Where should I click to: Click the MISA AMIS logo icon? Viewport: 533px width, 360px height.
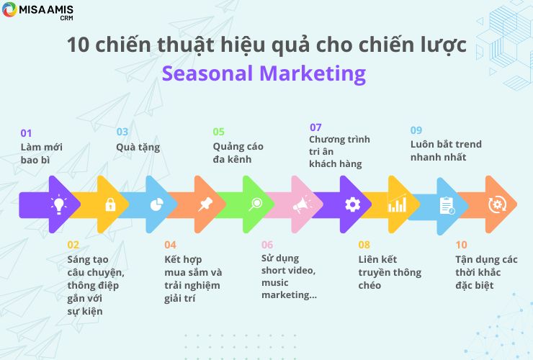tap(9, 9)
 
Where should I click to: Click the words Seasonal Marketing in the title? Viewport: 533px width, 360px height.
tap(264, 73)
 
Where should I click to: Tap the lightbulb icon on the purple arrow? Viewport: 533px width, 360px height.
tap(59, 204)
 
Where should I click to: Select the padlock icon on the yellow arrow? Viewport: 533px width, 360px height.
tap(110, 204)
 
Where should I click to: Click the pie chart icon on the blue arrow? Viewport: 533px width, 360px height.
tap(157, 204)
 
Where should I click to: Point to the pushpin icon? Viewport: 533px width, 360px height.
tap(205, 204)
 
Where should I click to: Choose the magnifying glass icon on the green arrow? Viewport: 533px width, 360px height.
tap(255, 204)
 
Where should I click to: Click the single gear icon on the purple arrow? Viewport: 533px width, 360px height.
tap(352, 204)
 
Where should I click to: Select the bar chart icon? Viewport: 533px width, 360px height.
tap(397, 203)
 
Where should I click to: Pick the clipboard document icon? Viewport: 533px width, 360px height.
tap(447, 206)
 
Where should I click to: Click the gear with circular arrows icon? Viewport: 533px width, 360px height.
tap(497, 204)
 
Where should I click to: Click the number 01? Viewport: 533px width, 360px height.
tap(26, 133)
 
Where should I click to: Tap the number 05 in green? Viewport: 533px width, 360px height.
tap(218, 132)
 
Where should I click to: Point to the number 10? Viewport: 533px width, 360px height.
tap(461, 245)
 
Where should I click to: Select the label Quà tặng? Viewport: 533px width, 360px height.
tap(138, 148)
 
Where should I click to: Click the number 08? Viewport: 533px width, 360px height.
tap(364, 245)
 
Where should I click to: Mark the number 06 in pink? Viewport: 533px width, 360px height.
tap(267, 245)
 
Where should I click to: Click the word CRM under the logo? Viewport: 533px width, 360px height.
tap(66, 18)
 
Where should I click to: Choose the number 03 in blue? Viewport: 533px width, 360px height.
tap(122, 132)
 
